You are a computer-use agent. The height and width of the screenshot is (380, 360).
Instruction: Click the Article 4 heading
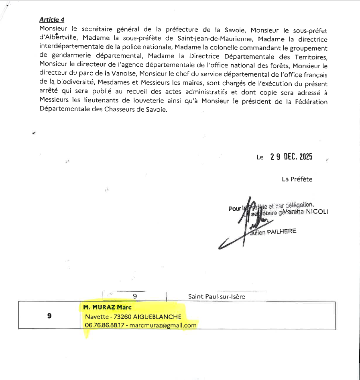pos(52,20)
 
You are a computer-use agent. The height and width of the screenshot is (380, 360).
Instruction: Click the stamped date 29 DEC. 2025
pos(291,157)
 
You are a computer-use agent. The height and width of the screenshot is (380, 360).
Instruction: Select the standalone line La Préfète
pos(297,179)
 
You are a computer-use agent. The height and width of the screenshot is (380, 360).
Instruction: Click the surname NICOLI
pos(317,212)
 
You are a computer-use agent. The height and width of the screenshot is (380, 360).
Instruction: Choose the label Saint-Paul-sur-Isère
pos(217,297)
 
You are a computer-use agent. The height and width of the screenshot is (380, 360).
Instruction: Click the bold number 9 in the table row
pos(49,316)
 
